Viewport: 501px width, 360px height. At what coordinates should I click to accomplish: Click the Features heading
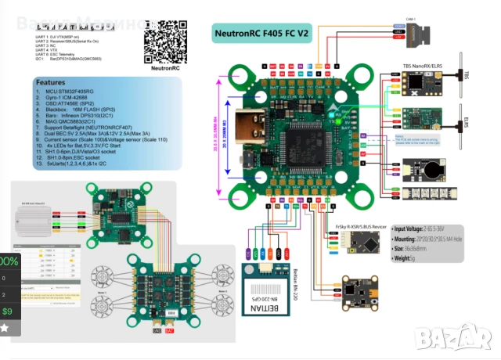(x=51, y=82)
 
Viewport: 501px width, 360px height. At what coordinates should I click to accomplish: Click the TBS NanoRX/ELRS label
(x=424, y=67)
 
